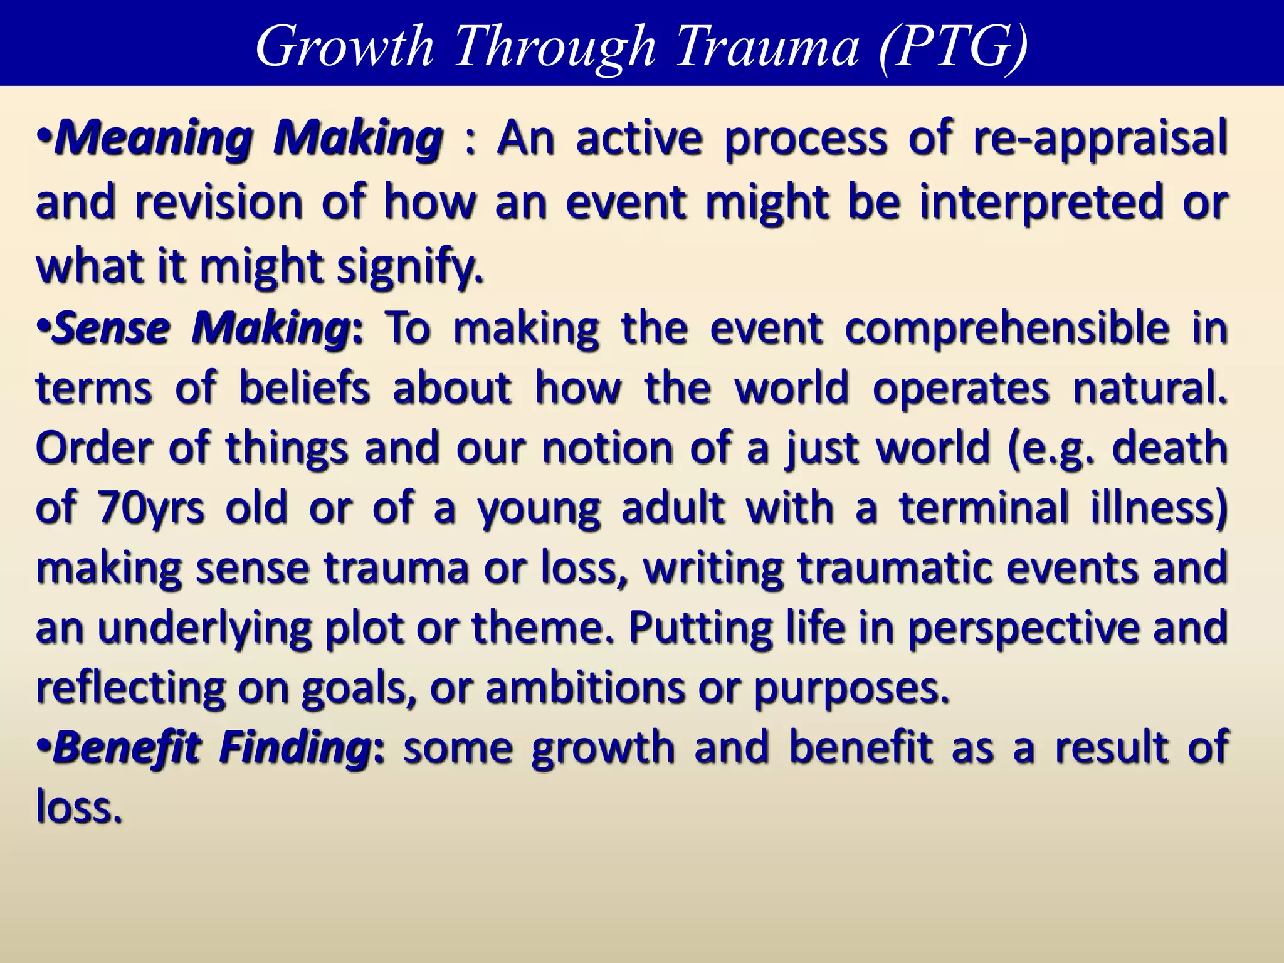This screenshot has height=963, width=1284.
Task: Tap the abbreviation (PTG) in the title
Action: pos(952,46)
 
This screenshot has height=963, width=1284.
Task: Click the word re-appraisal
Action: pos(1100,139)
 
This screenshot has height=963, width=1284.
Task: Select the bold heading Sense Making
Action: pos(201,327)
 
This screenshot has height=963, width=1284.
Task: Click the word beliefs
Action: pos(305,388)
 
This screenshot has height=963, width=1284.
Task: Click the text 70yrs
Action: pos(150,508)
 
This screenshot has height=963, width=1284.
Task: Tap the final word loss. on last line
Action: pos(78,806)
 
